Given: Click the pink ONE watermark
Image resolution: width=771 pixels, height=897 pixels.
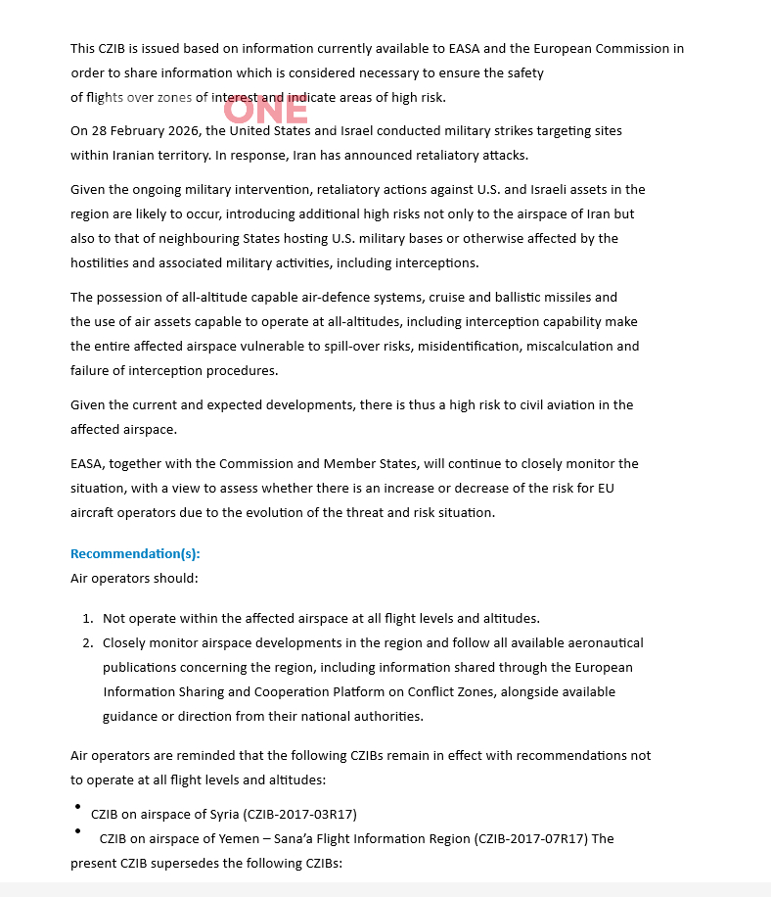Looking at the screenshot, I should click(x=265, y=111).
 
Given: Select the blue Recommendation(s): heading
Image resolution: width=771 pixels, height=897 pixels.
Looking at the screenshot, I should click(x=135, y=554).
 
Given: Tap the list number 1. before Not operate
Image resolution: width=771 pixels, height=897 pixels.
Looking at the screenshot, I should click(x=87, y=619).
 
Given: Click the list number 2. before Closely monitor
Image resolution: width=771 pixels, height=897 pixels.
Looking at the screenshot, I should click(x=87, y=643).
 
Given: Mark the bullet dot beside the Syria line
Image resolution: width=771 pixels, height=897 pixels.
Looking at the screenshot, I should click(x=77, y=806).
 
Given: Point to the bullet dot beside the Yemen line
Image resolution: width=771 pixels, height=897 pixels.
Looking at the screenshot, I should click(x=77, y=830).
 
